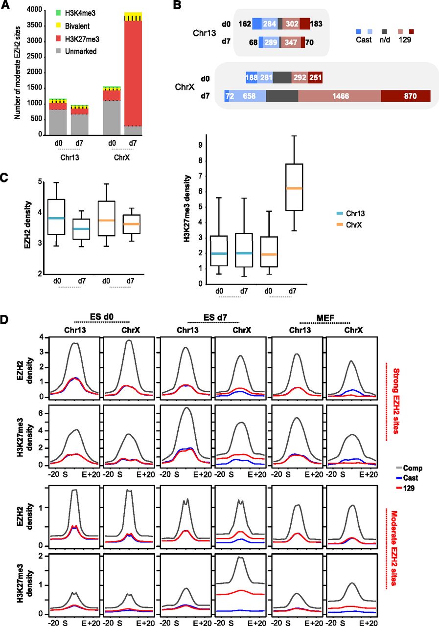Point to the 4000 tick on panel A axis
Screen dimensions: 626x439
[x=33, y=10]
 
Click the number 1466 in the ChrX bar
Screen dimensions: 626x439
[x=339, y=96]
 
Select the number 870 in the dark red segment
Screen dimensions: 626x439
[x=406, y=96]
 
